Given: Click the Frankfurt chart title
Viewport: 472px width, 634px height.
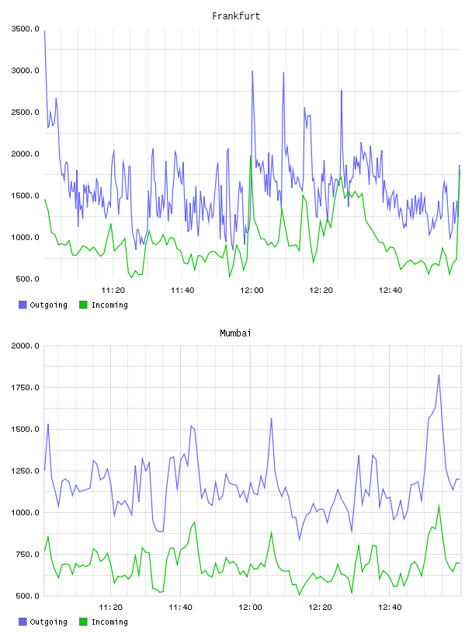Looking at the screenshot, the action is coord(236,16).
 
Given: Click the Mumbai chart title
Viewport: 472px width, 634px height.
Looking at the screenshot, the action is coord(235,333).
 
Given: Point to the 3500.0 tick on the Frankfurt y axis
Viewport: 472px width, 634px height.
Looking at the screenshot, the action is coord(26,29).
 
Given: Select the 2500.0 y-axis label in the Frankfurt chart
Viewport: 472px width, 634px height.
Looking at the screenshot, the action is coord(26,112).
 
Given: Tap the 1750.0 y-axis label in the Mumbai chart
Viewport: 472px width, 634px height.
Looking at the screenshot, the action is coord(26,388).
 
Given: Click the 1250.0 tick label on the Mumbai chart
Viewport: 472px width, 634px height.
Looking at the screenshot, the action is coord(26,471).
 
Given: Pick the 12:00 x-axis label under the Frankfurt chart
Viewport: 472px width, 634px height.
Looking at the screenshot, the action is coord(252,290).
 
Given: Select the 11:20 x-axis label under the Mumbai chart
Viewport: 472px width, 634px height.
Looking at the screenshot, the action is coord(111,607).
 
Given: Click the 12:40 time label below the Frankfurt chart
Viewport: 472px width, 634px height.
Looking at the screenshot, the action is coord(390,290).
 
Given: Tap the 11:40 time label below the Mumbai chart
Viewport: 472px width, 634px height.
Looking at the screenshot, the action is coord(180,607).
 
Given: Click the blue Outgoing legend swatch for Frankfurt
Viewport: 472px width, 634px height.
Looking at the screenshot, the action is coord(23,305).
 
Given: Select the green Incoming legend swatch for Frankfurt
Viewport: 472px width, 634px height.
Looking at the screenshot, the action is coord(83,305).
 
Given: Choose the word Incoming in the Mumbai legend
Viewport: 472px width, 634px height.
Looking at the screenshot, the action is coord(109,622).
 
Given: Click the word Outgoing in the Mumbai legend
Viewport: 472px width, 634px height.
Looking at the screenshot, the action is coord(48,622).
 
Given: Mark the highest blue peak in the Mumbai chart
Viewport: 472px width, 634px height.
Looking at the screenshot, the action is coord(439,375).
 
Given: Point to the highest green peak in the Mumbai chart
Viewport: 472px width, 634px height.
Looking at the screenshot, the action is coord(439,505).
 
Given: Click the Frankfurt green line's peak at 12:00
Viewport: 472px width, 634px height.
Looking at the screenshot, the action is coord(251,156).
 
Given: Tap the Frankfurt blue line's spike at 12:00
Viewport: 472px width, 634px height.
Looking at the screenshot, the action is coord(252,71).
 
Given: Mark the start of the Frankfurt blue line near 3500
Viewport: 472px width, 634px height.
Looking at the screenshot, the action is coord(44,31).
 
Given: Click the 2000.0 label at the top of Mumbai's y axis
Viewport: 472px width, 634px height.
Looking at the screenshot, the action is coord(26,346).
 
